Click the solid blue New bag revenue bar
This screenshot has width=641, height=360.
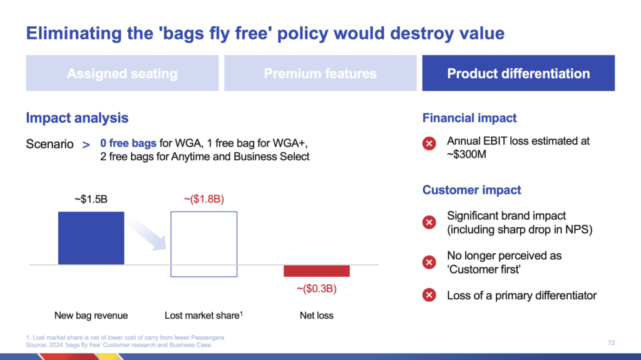tap(91, 238)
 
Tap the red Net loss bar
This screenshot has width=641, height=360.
tap(317, 271)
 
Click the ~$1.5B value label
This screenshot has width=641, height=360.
tap(91, 199)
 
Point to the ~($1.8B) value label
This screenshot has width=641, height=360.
tap(204, 199)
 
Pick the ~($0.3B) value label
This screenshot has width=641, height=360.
tap(317, 289)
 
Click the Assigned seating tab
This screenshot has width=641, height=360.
tap(122, 73)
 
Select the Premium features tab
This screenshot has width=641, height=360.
tap(320, 73)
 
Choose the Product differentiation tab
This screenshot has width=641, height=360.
tap(518, 73)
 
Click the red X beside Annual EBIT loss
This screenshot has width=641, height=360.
tap(429, 143)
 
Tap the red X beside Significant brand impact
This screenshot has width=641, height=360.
tap(429, 222)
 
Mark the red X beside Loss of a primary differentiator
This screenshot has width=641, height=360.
tap(429, 295)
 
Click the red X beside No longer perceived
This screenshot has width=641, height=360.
tap(429, 262)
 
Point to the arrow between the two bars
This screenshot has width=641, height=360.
tap(146, 232)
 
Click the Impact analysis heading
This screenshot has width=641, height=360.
tap(77, 118)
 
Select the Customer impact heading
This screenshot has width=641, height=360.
tap(472, 190)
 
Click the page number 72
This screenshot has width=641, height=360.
tap(611, 343)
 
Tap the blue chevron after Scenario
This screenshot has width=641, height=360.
tap(86, 145)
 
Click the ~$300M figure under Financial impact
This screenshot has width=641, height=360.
tap(466, 155)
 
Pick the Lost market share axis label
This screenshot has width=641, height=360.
tap(203, 316)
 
